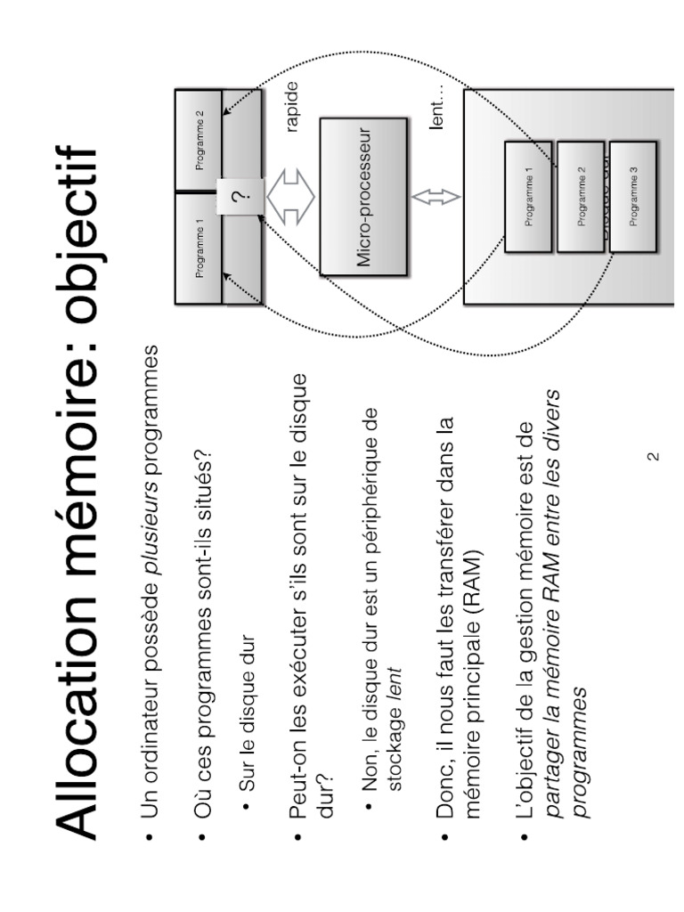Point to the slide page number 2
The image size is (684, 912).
click(x=652, y=457)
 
